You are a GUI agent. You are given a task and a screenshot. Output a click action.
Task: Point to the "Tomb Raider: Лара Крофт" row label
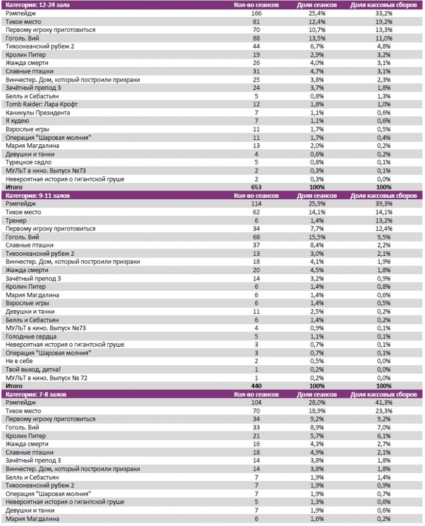pyautogui.click(x=37, y=104)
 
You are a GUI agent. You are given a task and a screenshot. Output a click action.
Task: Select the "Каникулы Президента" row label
pyautogui.click(x=38, y=112)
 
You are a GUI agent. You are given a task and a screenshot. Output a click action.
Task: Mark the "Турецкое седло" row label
pyautogui.click(x=29, y=162)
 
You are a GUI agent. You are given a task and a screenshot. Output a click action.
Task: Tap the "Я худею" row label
pyautogui.click(x=17, y=121)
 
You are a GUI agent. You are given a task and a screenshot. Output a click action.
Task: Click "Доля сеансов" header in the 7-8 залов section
pyautogui.click(x=318, y=394)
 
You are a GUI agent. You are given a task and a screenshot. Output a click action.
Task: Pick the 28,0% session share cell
pyautogui.click(x=318, y=403)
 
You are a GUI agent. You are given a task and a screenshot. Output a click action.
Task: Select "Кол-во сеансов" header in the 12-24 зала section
pyautogui.click(x=256, y=5)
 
